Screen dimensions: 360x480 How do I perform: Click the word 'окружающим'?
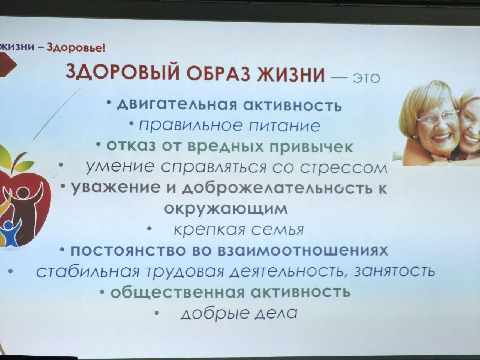pyautogui.click(x=226, y=209)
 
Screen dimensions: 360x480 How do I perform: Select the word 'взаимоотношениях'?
pyautogui.click(x=303, y=251)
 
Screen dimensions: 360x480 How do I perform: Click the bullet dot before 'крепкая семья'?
pyautogui.click(x=150, y=229)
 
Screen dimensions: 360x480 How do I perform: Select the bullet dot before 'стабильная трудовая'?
pyautogui.click(x=11, y=271)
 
